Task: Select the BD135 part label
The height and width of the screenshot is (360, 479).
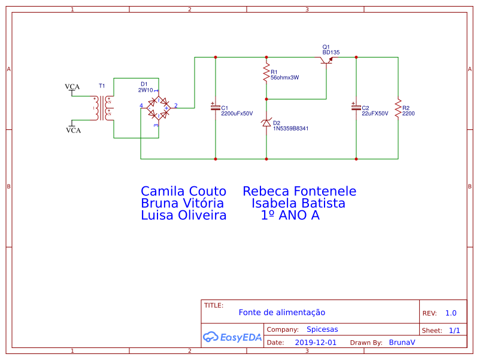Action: pos(331,53)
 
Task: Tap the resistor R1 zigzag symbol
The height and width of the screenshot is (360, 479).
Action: pos(266,74)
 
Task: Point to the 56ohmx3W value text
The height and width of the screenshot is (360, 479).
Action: pos(284,77)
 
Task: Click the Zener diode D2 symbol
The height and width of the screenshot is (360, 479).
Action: pos(266,122)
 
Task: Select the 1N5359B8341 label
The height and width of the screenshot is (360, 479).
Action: pos(291,128)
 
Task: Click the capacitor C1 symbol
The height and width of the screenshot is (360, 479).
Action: pos(215,108)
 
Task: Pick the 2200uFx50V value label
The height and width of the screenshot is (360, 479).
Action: pos(237,113)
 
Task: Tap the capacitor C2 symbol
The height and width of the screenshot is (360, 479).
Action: pos(356,108)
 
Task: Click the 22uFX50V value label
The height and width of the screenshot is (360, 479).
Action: pos(375,113)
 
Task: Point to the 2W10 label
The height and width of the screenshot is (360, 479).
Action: pos(145,90)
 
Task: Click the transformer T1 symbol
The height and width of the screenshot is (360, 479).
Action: pos(102,108)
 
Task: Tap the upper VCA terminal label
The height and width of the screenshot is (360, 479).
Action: pos(72,87)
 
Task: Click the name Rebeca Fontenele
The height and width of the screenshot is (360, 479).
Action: pos(299,191)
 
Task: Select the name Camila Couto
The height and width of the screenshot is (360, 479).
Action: pos(183,191)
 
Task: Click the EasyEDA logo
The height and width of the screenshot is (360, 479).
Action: pos(232,337)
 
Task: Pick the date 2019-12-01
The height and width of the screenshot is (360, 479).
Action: pos(316,343)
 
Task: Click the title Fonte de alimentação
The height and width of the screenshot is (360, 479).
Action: pos(281,312)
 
